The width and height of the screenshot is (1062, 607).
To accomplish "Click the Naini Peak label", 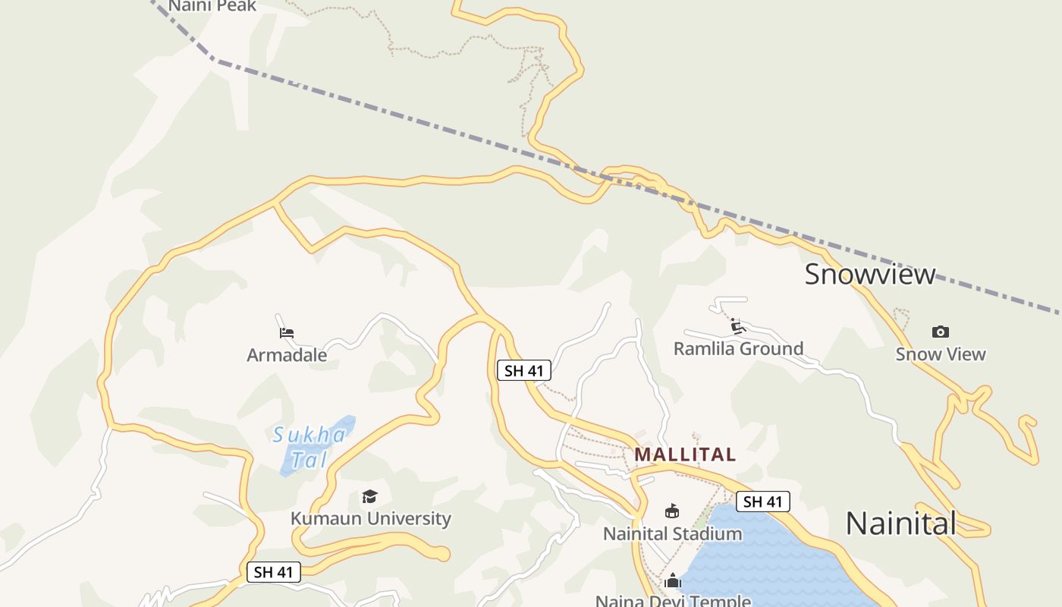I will pyautogui.click(x=212, y=6).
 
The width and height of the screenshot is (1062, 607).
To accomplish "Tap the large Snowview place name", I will pyautogui.click(x=870, y=274).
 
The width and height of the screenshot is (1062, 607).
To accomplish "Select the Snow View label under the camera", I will pyautogui.click(x=941, y=354).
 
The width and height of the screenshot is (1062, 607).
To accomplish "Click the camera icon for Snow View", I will pyautogui.click(x=941, y=332).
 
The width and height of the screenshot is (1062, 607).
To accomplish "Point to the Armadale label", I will pyautogui.click(x=287, y=355).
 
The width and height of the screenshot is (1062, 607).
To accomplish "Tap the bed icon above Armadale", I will pyautogui.click(x=287, y=332).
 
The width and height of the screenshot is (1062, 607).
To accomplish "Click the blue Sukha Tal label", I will pyautogui.click(x=309, y=447).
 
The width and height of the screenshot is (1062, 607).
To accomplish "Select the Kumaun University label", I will pyautogui.click(x=370, y=519).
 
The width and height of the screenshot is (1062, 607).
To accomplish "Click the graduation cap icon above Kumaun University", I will pyautogui.click(x=369, y=496).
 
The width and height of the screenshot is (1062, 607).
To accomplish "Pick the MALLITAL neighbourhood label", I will pyautogui.click(x=685, y=454).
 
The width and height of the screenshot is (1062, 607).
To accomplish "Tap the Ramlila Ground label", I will pyautogui.click(x=738, y=349).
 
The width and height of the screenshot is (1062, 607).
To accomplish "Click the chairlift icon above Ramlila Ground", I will pyautogui.click(x=738, y=326).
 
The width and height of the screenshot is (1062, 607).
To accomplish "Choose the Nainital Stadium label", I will pyautogui.click(x=672, y=534).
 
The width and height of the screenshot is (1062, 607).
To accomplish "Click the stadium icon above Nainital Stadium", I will pyautogui.click(x=672, y=511).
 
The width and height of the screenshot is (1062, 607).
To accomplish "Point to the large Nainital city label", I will pyautogui.click(x=900, y=524).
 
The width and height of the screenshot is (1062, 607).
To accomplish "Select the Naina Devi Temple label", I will pyautogui.click(x=672, y=601).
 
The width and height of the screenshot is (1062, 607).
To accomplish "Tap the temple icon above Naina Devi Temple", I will pyautogui.click(x=672, y=581).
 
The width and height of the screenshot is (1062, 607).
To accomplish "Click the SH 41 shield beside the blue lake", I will pyautogui.click(x=762, y=502).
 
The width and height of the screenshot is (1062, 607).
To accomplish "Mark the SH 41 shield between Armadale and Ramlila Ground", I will pyautogui.click(x=524, y=371).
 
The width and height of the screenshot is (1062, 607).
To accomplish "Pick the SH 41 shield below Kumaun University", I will pyautogui.click(x=274, y=572).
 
